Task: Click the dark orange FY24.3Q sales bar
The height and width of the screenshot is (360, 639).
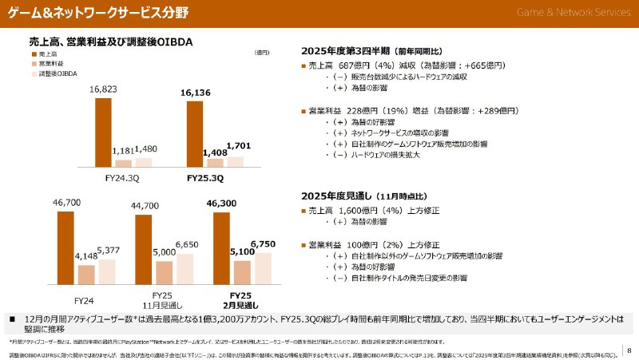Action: [103, 132]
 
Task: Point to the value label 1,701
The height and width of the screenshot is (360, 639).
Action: [238, 145]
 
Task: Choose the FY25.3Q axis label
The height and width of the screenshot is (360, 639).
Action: [206, 177]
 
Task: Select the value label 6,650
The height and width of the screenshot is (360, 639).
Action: [186, 243]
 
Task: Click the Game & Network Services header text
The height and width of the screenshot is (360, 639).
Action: [573, 12]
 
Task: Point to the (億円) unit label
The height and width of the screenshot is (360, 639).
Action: [261, 53]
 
